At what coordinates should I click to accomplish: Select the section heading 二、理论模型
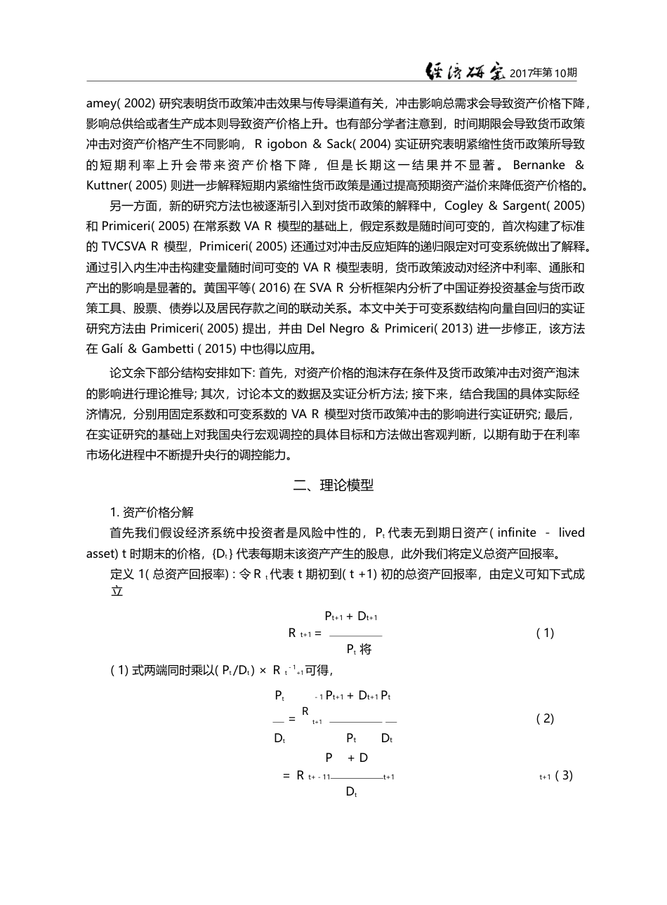point(333,485)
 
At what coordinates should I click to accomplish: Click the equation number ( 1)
point(545,633)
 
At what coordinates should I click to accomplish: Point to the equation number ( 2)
point(545,718)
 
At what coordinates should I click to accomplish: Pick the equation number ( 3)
point(564,776)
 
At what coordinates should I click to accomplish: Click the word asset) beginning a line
point(103,553)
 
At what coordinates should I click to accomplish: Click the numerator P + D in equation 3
point(347,758)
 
